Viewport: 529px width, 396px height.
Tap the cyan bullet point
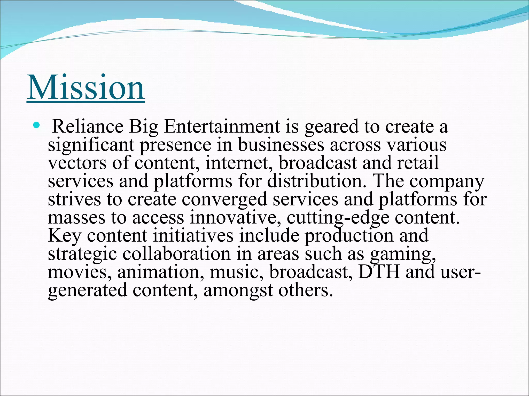pos(37,126)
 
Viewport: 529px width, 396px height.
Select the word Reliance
pos(88,127)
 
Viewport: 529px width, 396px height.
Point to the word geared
pos(331,127)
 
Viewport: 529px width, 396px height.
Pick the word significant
pos(91,145)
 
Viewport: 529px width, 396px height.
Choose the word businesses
pos(281,145)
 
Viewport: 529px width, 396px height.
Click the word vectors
pos(77,163)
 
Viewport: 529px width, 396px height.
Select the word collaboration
pos(176,254)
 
